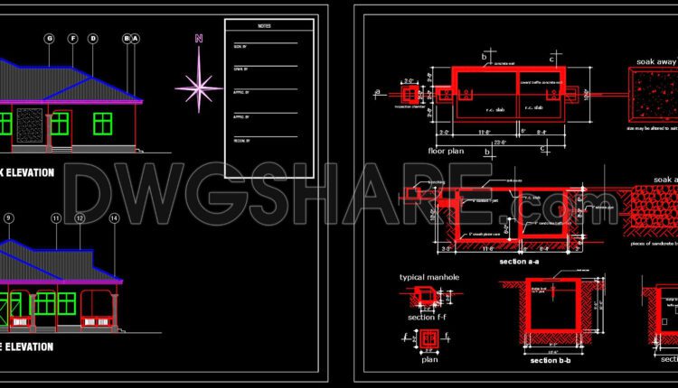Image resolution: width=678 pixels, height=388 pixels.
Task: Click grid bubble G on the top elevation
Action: pyautogui.click(x=49, y=38)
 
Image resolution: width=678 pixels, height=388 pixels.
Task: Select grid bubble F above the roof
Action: pyautogui.click(x=71, y=38)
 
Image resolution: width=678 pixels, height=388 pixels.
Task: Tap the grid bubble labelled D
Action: pyautogui.click(x=92, y=38)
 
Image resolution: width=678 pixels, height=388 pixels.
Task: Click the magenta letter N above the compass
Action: pyautogui.click(x=198, y=38)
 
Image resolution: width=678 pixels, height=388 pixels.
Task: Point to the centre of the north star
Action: pyautogui.click(x=199, y=88)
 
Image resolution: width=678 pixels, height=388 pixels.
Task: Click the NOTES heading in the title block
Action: pyautogui.click(x=265, y=26)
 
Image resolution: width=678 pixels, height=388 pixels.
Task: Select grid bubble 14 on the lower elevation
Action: pyautogui.click(x=114, y=218)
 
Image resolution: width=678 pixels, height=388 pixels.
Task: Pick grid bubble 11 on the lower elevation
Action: pyautogui.click(x=56, y=218)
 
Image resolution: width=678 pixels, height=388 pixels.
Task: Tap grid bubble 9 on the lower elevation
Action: pyautogui.click(x=9, y=218)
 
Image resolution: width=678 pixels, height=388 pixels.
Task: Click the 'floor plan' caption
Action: pyautogui.click(x=446, y=152)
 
